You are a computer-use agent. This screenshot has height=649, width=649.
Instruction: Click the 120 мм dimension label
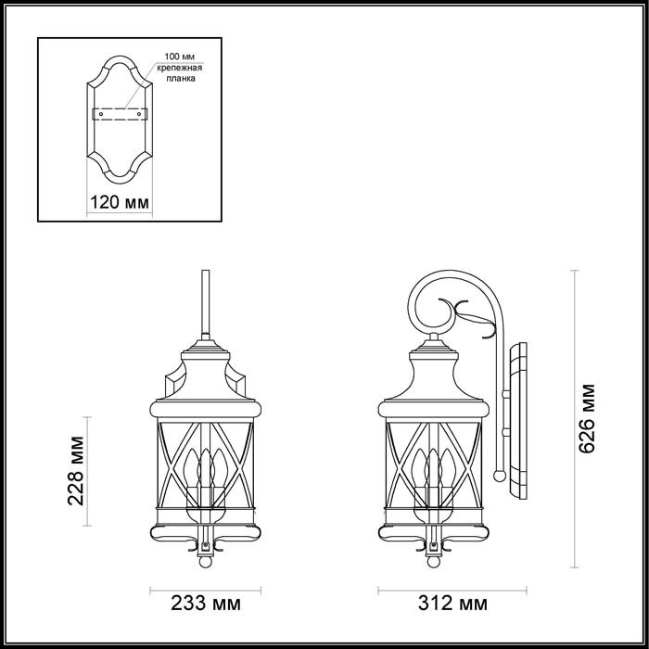(x=118, y=201)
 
